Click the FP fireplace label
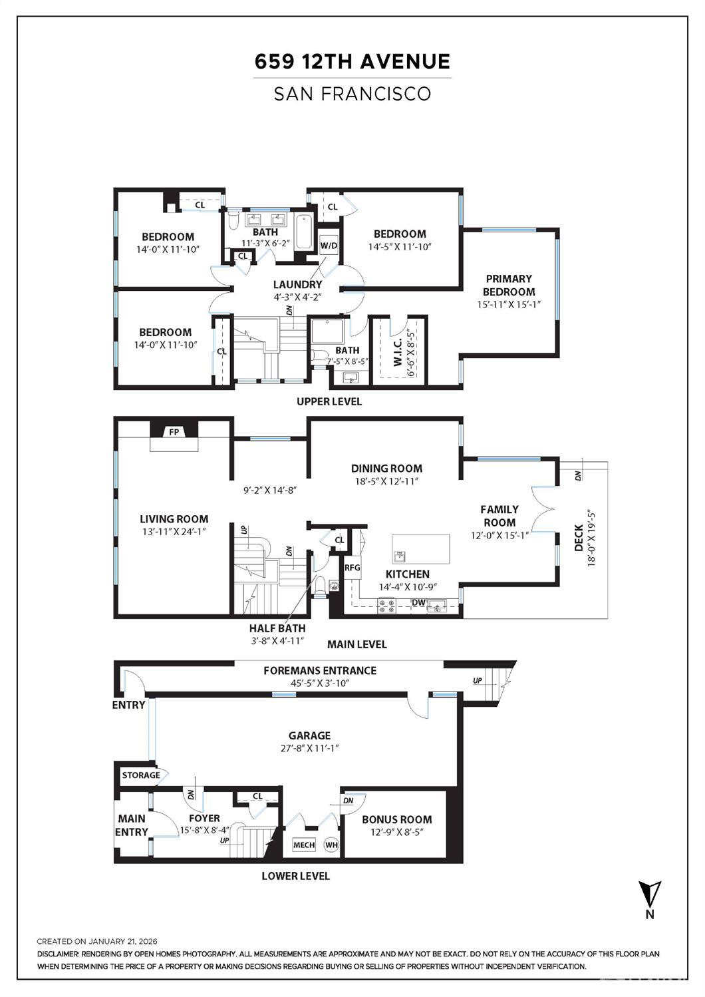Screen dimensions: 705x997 [x=174, y=432]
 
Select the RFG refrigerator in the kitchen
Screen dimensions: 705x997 [x=352, y=568]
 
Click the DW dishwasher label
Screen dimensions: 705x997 [x=418, y=602]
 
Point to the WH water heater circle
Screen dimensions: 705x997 [x=331, y=845]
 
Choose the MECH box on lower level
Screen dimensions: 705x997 [x=304, y=845]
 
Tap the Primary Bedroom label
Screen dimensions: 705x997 [x=509, y=286]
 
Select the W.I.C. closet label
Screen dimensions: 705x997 [x=398, y=352]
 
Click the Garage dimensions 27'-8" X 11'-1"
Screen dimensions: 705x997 [x=309, y=748]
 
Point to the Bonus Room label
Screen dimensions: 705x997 [x=397, y=819]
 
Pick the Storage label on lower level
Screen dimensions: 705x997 [x=141, y=775]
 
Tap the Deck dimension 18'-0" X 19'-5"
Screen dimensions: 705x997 [x=591, y=538]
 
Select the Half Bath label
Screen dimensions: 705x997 [x=277, y=628]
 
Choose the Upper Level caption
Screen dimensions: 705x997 [x=329, y=401]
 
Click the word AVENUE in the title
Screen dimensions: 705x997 [x=405, y=61]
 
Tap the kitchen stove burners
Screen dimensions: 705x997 [x=386, y=606]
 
